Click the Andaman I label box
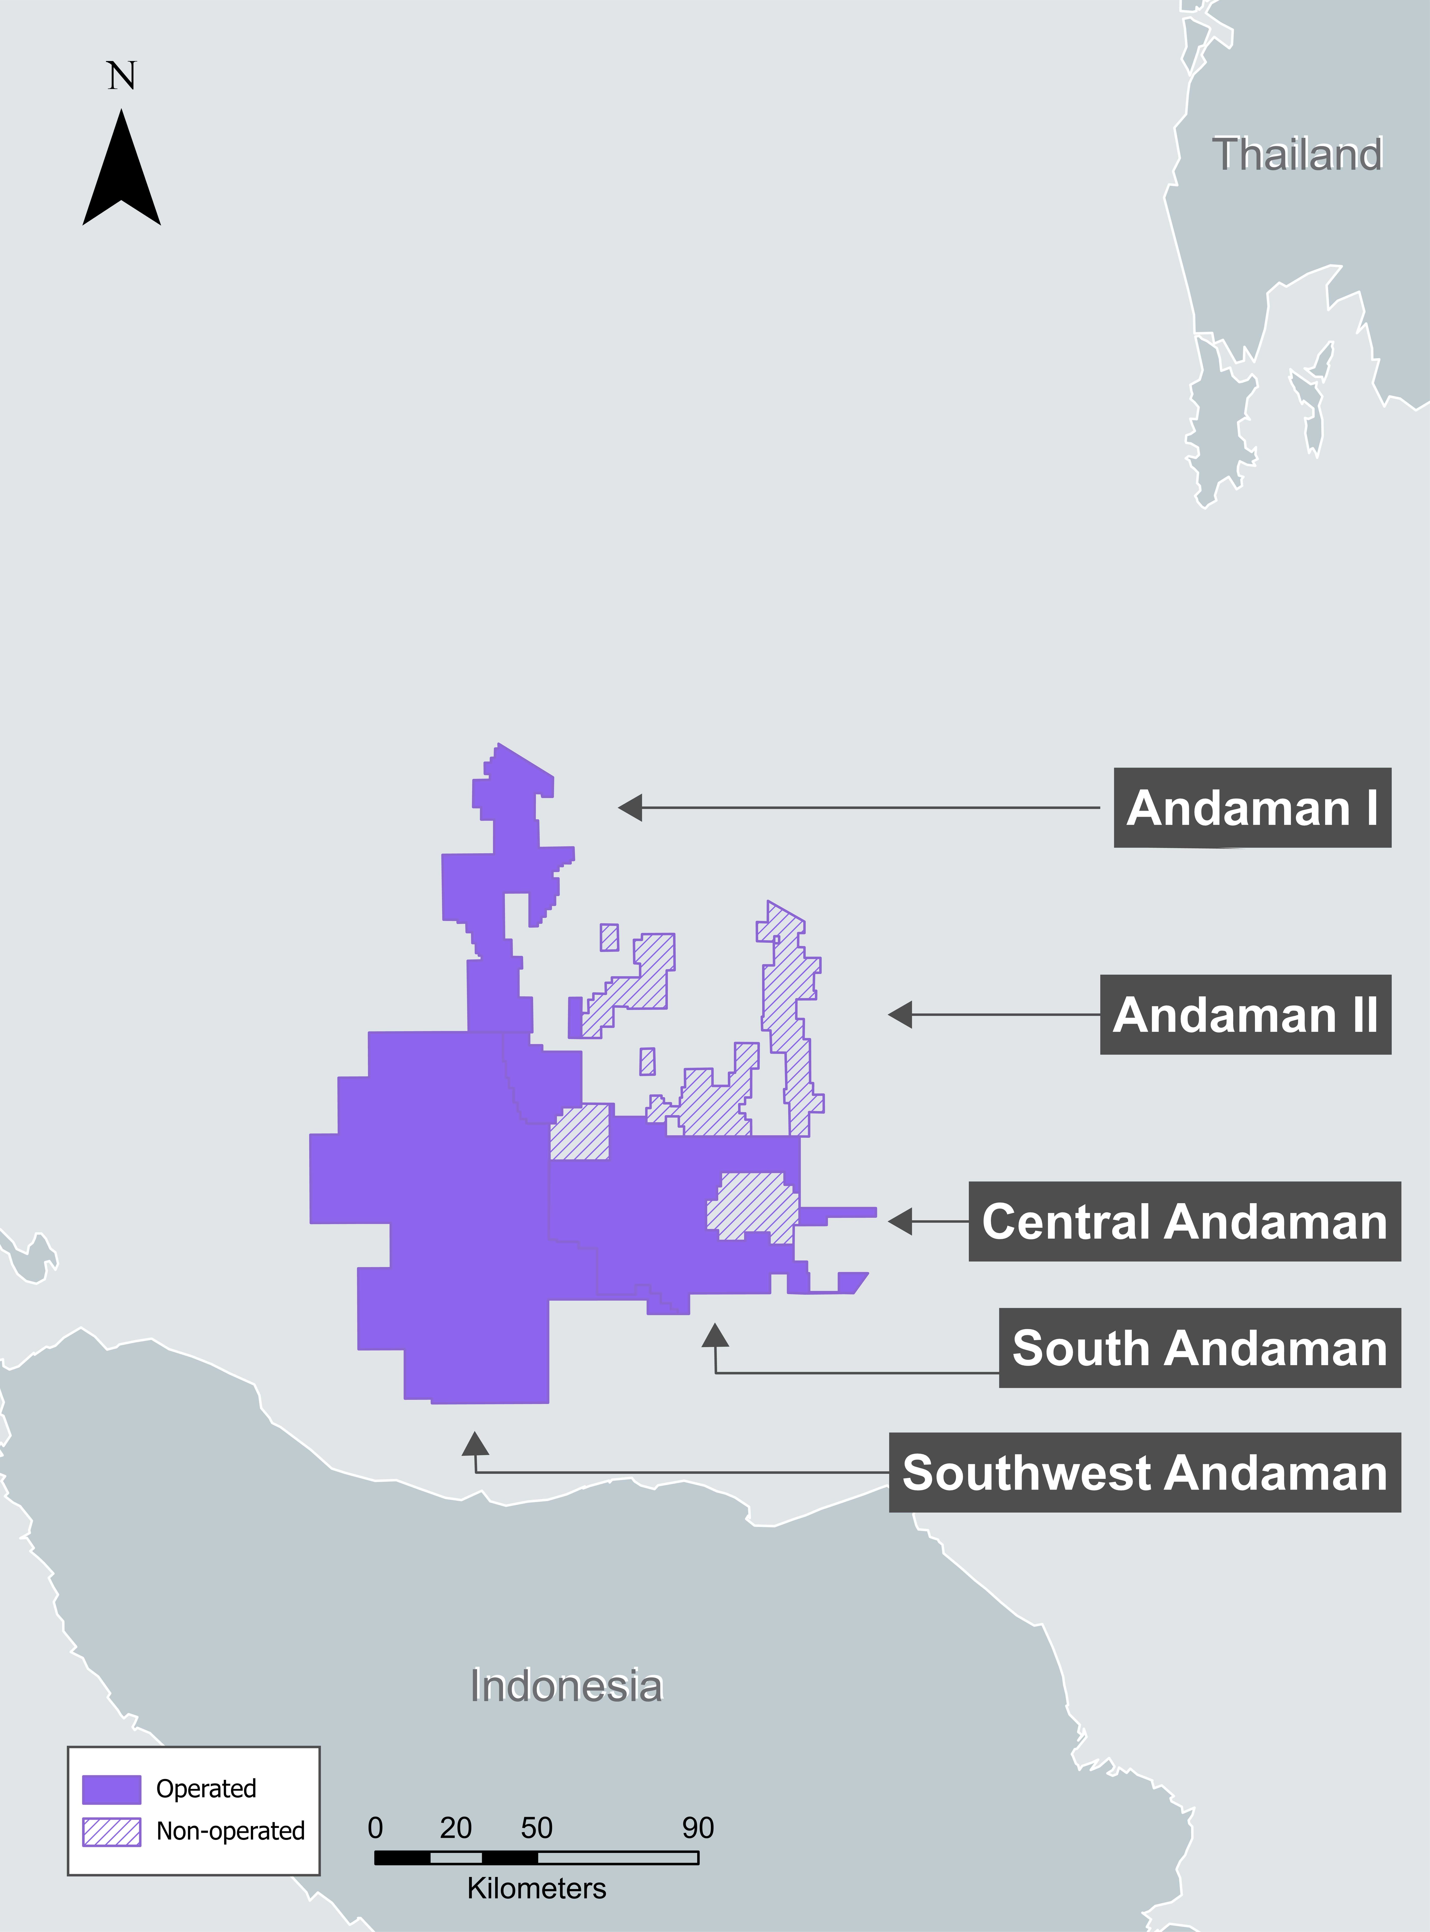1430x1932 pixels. [1252, 808]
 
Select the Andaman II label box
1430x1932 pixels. [1245, 1014]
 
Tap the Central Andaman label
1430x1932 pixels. [1184, 1221]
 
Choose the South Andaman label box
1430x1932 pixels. [1200, 1348]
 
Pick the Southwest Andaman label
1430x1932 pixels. [1144, 1472]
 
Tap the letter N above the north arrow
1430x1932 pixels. [121, 76]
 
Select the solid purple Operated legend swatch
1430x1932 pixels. [112, 1788]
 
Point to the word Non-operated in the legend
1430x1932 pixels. [230, 1831]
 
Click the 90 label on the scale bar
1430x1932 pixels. [698, 1827]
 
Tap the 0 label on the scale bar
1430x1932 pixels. [375, 1827]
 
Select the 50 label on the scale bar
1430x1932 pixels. [537, 1827]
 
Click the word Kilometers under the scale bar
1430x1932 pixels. [537, 1888]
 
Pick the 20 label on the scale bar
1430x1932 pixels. [455, 1827]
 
